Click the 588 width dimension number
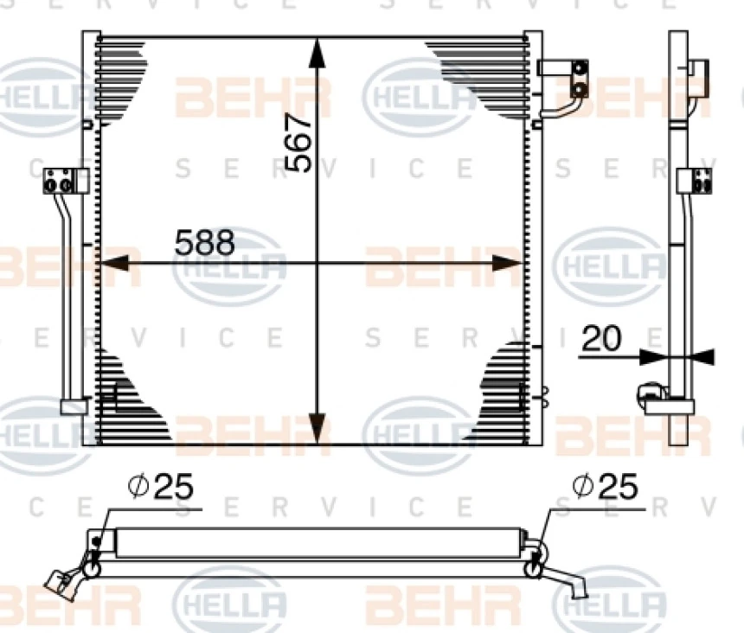(205, 242)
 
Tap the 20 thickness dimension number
(601, 338)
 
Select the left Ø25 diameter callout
(161, 486)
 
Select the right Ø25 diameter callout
(606, 486)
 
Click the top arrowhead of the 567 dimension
(317, 54)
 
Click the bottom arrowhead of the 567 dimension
(317, 428)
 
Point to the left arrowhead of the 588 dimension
(114, 263)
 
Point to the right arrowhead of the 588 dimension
(508, 263)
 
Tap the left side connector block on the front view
(66, 181)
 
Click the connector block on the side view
(695, 181)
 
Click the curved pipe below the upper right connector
(565, 107)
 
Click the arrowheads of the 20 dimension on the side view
(677, 357)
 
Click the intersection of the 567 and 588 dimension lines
(317, 263)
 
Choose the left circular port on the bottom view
(92, 568)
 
